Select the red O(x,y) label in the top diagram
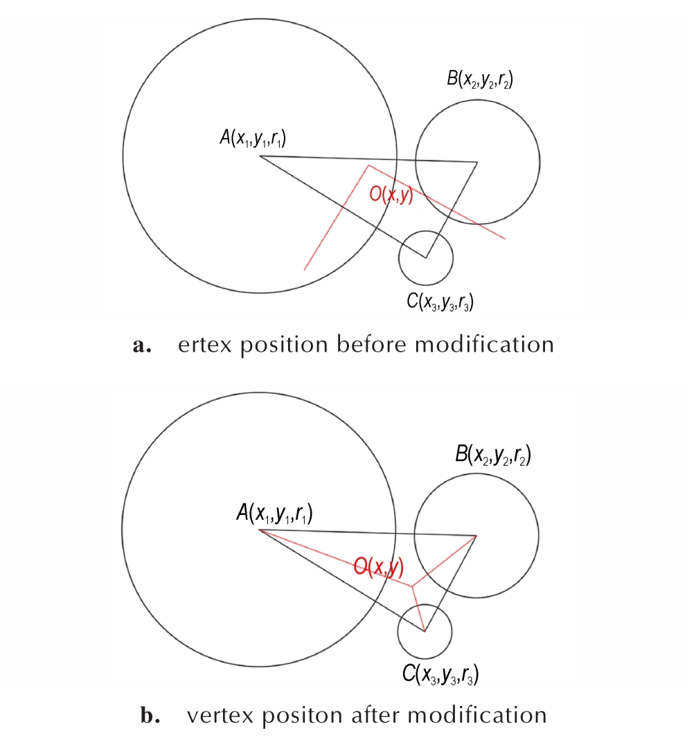391,194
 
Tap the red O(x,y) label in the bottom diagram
379,567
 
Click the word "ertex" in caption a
204,345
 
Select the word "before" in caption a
371,344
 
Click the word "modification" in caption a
484,344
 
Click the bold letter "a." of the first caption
142,346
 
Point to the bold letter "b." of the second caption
150,716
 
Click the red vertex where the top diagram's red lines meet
369,165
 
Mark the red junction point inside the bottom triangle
412,587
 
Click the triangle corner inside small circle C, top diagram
426,258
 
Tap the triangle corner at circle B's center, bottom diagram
476,536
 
